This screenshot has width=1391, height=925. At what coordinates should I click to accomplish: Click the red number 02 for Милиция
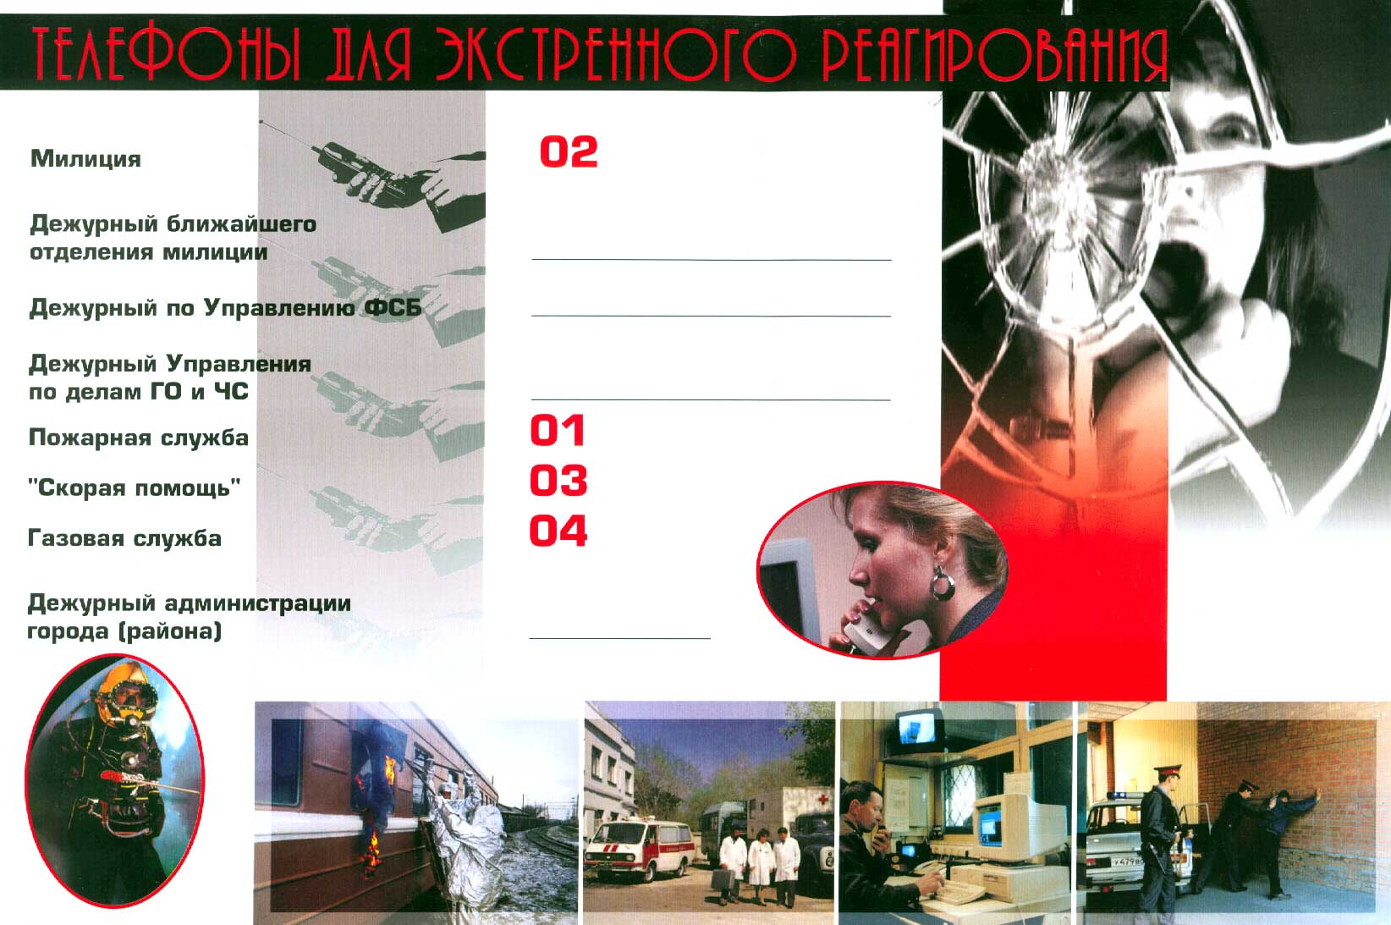(x=569, y=151)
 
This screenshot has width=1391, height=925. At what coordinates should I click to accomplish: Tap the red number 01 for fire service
(x=558, y=431)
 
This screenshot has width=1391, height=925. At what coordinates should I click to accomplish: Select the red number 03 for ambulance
(x=558, y=480)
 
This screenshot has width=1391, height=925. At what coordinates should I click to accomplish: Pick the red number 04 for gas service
(x=558, y=531)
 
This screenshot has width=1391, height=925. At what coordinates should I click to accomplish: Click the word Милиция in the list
(x=85, y=159)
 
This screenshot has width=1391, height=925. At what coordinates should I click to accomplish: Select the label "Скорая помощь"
(x=135, y=488)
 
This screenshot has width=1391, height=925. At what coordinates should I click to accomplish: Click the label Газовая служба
(x=125, y=538)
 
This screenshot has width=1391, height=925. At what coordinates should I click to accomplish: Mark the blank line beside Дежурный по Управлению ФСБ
(x=711, y=317)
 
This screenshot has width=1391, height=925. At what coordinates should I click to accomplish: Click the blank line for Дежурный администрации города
(x=619, y=638)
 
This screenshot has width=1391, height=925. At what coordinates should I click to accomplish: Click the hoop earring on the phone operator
(x=942, y=584)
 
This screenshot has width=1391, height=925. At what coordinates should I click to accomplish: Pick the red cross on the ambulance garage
(x=824, y=799)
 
